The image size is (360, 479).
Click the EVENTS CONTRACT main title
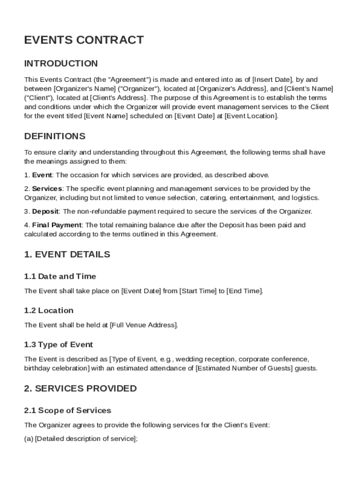click(x=84, y=40)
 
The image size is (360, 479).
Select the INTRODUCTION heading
click(x=61, y=64)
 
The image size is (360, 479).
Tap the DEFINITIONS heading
click(x=55, y=137)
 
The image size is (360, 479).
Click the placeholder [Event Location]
click(x=251, y=116)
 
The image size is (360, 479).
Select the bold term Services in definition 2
click(x=47, y=189)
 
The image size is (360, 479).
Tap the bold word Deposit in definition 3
click(x=45, y=211)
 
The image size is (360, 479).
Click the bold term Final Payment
click(x=57, y=225)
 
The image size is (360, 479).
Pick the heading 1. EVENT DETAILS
click(x=67, y=255)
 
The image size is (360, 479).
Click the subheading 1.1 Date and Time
click(x=60, y=276)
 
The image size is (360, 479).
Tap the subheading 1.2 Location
click(x=49, y=311)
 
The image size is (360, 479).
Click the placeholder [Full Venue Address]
click(x=144, y=325)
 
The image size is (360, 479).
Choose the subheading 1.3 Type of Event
click(x=58, y=345)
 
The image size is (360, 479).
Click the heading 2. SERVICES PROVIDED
click(x=80, y=389)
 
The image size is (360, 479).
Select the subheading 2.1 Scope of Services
click(x=67, y=411)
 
